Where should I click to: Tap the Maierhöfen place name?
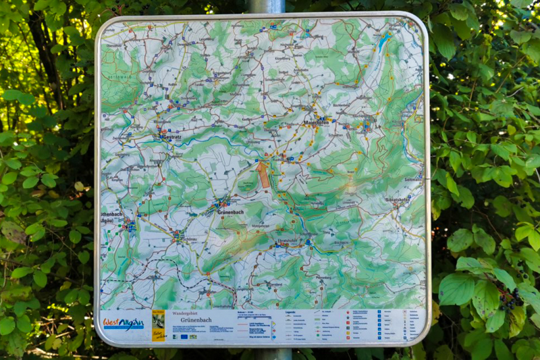click(316, 123)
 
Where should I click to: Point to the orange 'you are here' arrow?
click(263, 174)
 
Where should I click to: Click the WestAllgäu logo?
click(124, 324)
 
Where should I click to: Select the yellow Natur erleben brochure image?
click(158, 325)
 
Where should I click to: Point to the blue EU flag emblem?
click(184, 336)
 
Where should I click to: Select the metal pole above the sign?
click(267, 6)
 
